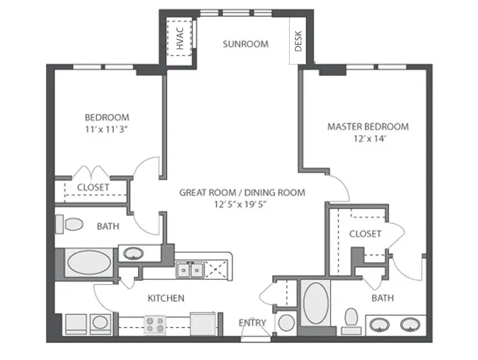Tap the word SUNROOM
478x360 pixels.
(246, 44)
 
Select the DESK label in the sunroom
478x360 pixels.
(299, 44)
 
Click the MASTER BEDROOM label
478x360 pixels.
(368, 126)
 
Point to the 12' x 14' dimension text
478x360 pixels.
(368, 138)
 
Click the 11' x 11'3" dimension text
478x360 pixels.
(107, 129)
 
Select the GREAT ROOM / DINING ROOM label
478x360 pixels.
(242, 192)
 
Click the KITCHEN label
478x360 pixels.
(165, 298)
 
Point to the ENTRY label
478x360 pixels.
(253, 323)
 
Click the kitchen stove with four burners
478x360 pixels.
(156, 323)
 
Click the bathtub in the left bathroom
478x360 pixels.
(88, 263)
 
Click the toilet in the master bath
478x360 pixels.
(352, 318)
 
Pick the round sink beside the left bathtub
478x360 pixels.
(132, 254)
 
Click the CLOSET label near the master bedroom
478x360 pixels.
(365, 234)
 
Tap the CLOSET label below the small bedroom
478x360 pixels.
(93, 187)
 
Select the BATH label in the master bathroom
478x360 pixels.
(382, 298)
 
